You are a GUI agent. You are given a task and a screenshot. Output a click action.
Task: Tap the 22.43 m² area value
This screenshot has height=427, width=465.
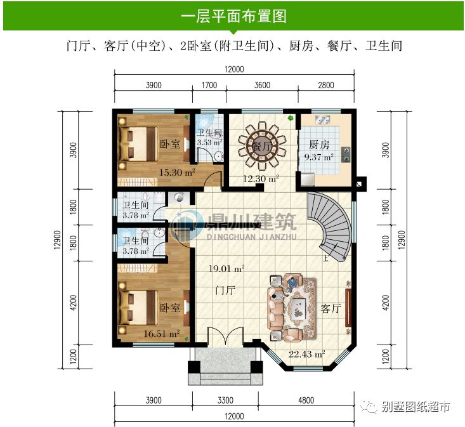pos(307,354)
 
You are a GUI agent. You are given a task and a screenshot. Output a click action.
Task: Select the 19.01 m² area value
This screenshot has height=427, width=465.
pos(226,269)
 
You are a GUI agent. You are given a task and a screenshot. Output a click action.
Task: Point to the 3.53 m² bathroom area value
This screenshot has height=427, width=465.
pos(207,143)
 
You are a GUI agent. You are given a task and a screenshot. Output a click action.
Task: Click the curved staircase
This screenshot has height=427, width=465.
pos(331,225)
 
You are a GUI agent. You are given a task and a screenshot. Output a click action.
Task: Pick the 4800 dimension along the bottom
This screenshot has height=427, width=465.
pos(306,400)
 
